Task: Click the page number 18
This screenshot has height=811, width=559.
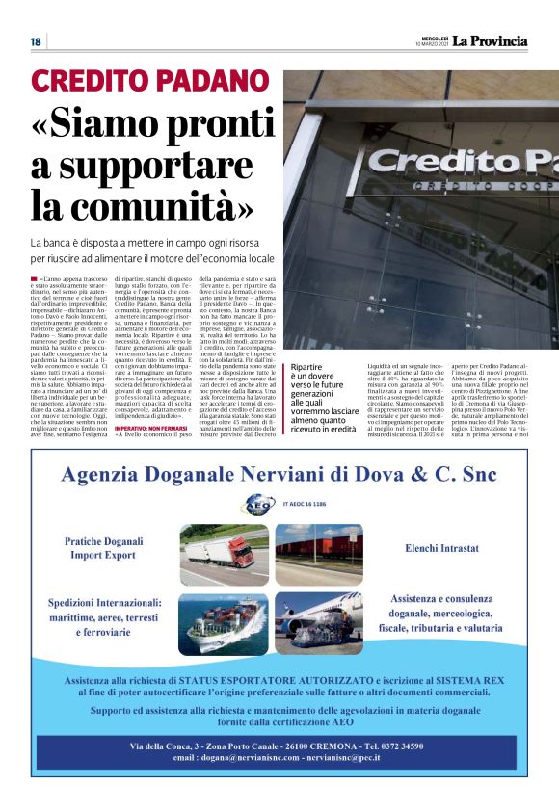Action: (35, 41)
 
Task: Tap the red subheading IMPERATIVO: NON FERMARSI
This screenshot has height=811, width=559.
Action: (148, 452)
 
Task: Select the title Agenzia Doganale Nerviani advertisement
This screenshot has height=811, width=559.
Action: (279, 475)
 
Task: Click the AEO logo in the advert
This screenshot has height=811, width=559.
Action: (256, 503)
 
